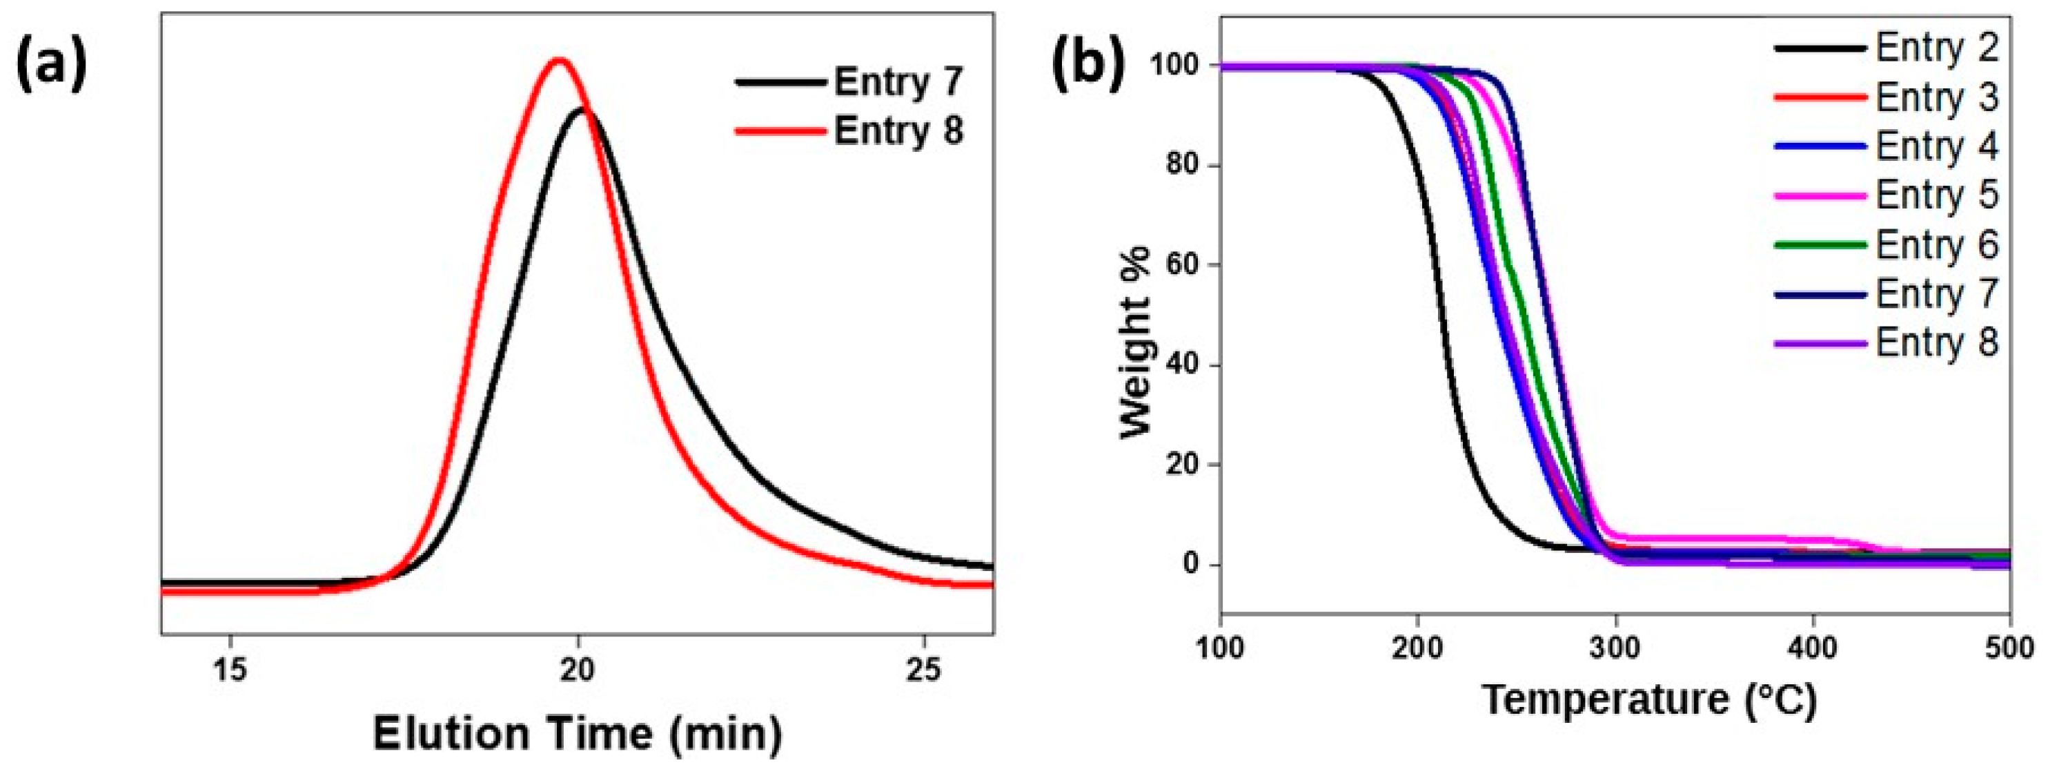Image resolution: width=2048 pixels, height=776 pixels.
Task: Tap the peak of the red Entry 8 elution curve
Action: pos(559,61)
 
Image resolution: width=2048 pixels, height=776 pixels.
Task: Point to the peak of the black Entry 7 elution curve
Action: pos(582,110)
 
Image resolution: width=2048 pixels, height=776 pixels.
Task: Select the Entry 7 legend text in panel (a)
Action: pos(898,82)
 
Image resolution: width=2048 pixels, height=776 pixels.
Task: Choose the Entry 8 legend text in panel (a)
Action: pos(898,130)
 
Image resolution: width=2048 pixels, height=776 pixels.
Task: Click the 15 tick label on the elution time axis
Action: pos(230,670)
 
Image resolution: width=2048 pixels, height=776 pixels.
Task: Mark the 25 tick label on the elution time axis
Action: pos(924,670)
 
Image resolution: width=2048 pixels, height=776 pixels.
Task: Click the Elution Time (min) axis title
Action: pos(578,733)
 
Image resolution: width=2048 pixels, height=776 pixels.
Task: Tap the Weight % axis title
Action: pos(1135,342)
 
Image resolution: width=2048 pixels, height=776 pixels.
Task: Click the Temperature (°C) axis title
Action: pos(1650,699)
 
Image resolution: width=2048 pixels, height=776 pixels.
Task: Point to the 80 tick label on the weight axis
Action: pos(1182,166)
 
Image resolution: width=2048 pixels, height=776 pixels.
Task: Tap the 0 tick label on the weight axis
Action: pos(1190,565)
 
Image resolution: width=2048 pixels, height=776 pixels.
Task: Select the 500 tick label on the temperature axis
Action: pos(2010,648)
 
